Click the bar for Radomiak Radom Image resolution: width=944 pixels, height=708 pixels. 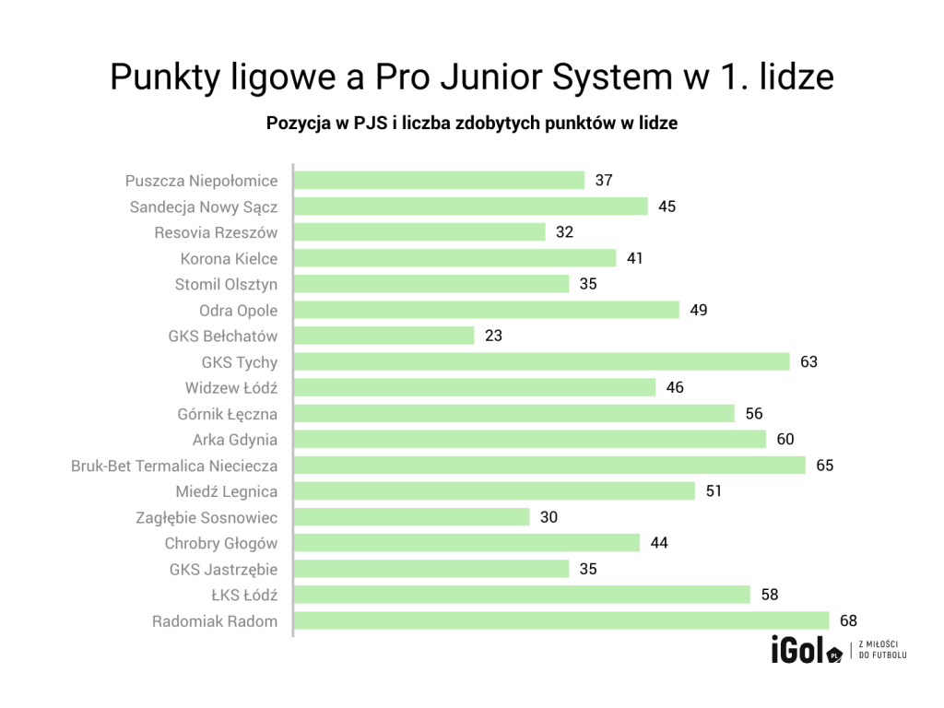[561, 621]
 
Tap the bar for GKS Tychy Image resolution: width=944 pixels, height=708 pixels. [542, 362]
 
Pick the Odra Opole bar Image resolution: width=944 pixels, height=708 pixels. [486, 310]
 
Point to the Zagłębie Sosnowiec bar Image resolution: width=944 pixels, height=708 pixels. [411, 517]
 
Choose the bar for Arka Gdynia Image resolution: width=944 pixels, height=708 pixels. [529, 440]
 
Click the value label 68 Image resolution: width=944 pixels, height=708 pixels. [848, 621]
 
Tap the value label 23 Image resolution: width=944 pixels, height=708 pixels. [493, 336]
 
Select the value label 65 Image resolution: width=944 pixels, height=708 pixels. [824, 466]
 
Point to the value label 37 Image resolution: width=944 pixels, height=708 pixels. [604, 181]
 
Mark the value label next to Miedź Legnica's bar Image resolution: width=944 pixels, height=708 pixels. [714, 491]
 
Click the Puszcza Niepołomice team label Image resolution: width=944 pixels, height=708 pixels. [201, 181]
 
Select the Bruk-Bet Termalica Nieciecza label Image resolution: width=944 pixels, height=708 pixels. [174, 466]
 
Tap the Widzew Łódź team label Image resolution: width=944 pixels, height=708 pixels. [230, 388]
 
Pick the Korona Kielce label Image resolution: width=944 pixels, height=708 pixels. [229, 259]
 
